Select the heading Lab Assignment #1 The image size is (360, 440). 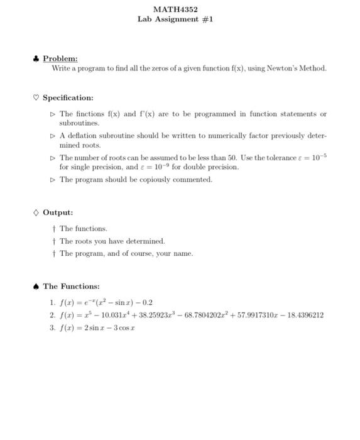pos(175,19)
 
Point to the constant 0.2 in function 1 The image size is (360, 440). pos(146,302)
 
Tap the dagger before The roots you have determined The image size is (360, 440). pos(54,241)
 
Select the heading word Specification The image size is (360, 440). pos(68,98)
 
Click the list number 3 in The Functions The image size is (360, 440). pos(51,327)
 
